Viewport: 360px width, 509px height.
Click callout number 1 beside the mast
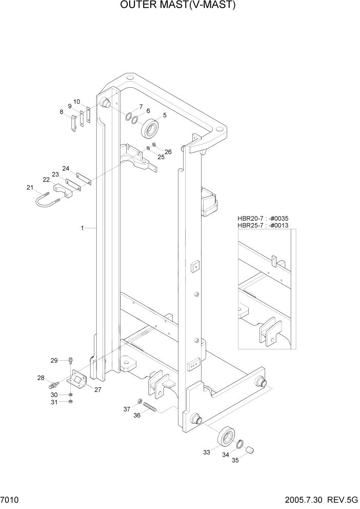tap(82, 227)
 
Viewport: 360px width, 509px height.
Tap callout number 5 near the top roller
tap(165, 115)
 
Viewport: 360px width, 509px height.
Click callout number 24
tap(66, 168)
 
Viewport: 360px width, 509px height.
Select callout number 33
tap(207, 452)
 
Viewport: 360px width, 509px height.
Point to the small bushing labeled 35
tap(251, 451)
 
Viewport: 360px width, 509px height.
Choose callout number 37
tap(126, 409)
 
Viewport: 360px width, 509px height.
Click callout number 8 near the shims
tap(62, 112)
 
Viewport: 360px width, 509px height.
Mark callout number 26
tap(168, 151)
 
